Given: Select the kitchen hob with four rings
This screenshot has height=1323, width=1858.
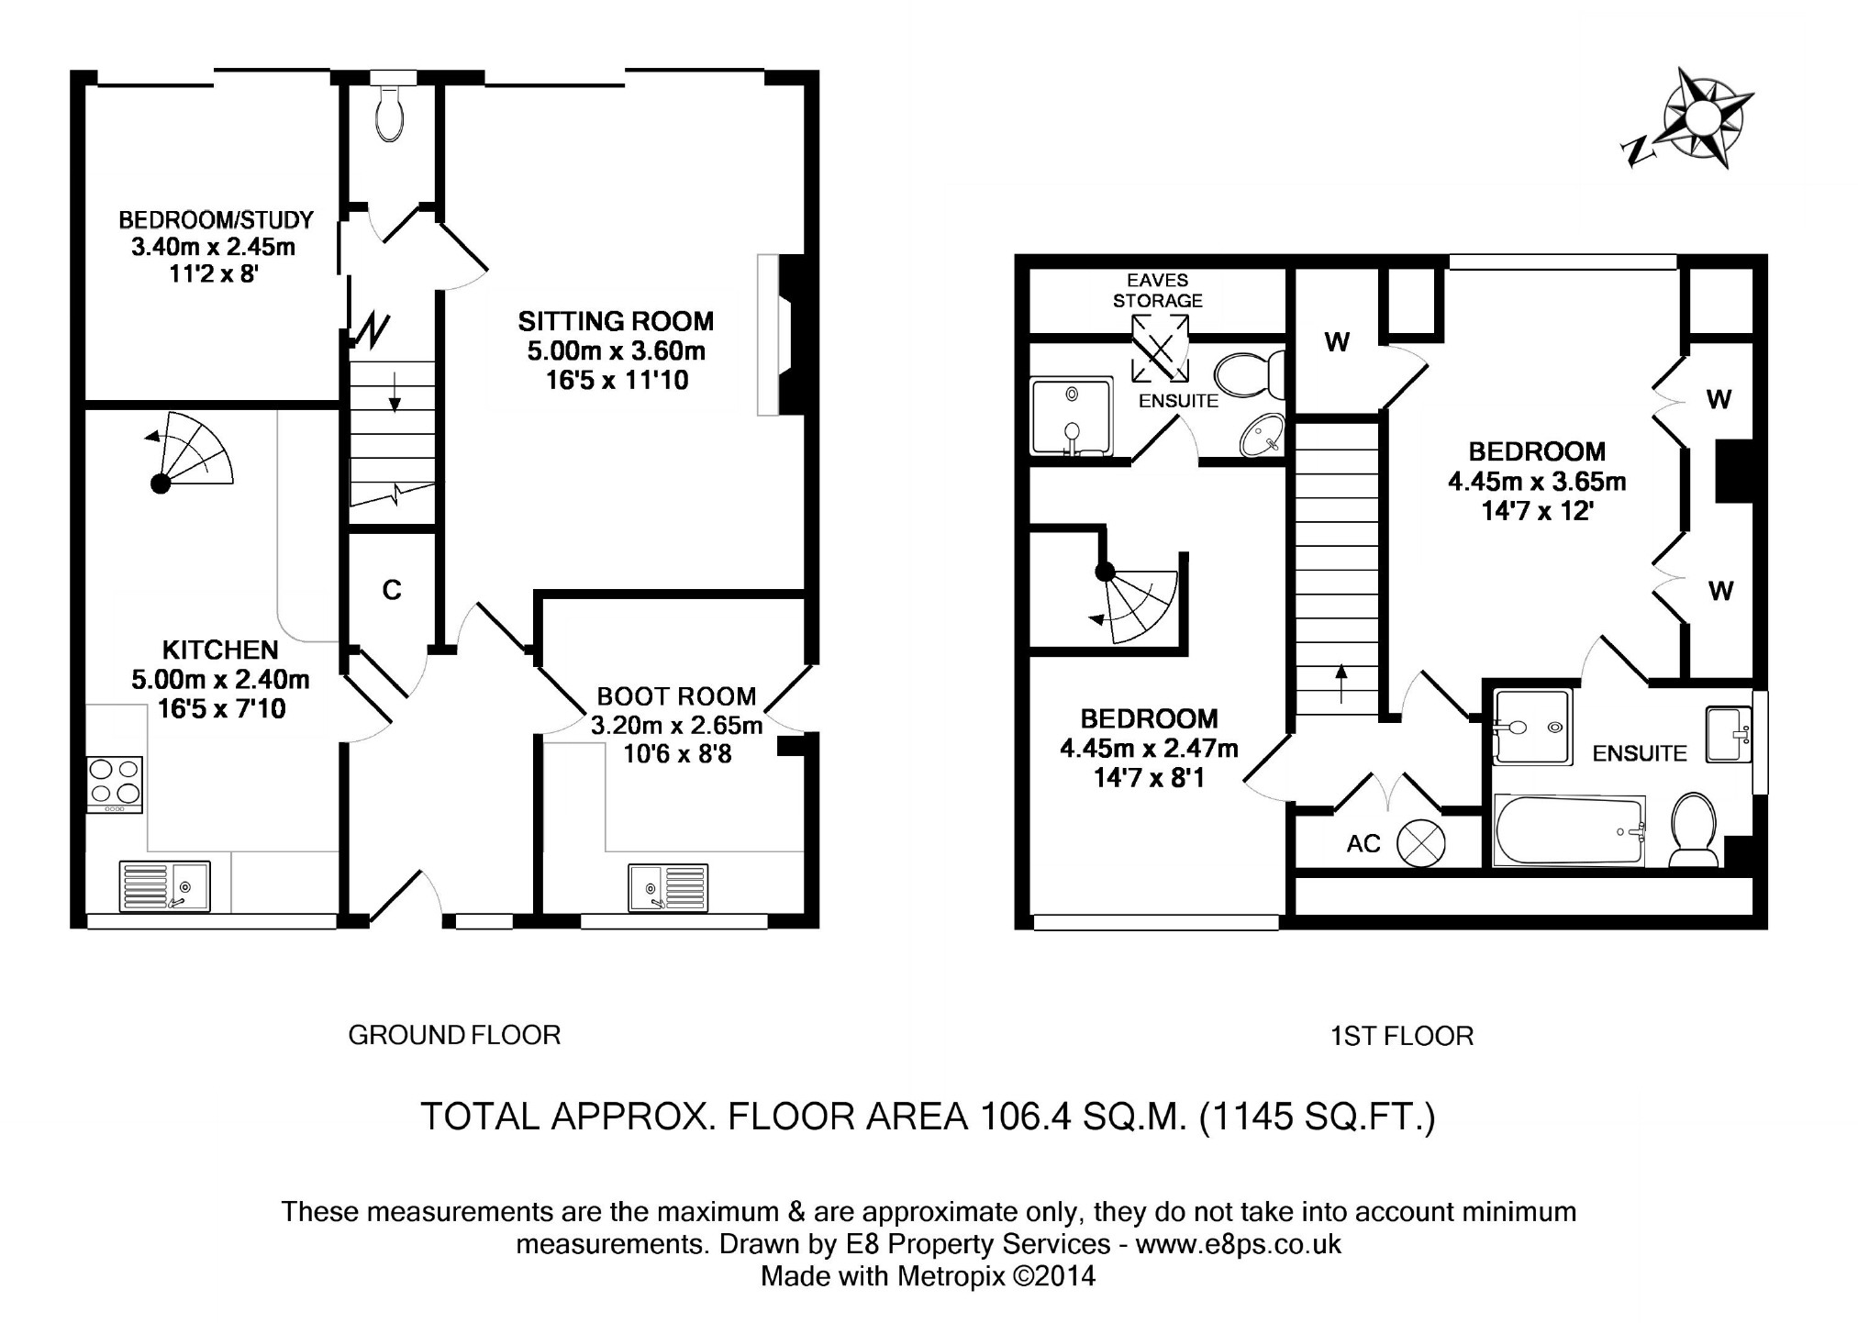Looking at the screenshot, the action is click(x=115, y=784).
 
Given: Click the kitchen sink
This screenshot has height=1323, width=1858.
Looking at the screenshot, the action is click(x=164, y=886).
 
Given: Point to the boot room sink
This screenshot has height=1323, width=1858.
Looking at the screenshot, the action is click(x=668, y=887).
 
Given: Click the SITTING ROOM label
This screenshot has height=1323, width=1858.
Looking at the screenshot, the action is click(x=616, y=321).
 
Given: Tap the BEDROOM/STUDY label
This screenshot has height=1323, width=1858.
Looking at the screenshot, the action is click(x=217, y=220).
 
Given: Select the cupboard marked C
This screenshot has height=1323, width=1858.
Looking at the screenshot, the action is click(x=392, y=590).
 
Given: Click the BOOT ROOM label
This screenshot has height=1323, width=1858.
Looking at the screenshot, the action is click(x=676, y=696).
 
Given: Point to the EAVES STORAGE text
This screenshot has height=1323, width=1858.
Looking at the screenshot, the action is click(x=1157, y=290).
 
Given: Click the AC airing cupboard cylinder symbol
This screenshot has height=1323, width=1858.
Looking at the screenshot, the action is click(x=1420, y=842).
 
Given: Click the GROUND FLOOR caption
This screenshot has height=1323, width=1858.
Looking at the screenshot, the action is click(x=454, y=1035).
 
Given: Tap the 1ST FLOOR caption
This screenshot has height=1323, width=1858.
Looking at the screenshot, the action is click(x=1401, y=1036).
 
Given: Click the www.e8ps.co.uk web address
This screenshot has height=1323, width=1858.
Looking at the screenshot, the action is click(x=1238, y=1244).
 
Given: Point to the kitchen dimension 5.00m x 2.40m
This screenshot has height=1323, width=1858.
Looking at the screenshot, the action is click(x=220, y=679).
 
